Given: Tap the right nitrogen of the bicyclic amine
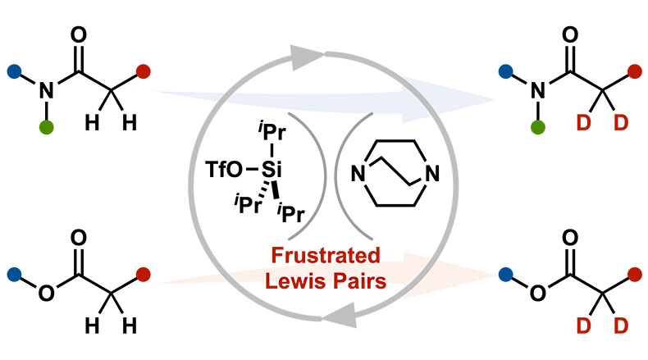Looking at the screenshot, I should point(432,175).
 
